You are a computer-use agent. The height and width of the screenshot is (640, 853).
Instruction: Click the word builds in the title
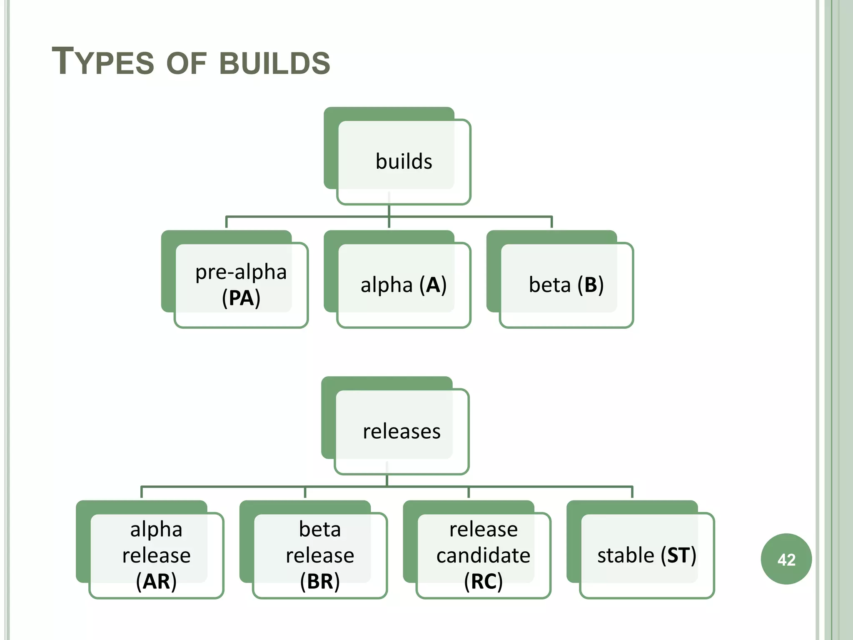tap(274, 63)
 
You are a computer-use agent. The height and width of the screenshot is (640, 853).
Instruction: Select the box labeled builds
tap(403, 162)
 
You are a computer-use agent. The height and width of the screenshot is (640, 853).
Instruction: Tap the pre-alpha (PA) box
tap(241, 285)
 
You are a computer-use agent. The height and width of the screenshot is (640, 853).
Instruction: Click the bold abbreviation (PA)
tap(241, 298)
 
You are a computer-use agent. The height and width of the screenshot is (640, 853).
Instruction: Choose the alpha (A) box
tap(403, 285)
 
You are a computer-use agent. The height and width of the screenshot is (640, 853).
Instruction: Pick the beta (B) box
tap(566, 285)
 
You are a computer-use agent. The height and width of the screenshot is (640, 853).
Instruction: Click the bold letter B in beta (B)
tap(591, 285)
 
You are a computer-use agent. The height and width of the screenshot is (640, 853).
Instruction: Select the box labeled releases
tap(401, 431)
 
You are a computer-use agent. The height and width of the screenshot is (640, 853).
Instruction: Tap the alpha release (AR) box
tap(156, 555)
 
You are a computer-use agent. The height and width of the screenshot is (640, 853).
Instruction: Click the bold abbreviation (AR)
tap(156, 581)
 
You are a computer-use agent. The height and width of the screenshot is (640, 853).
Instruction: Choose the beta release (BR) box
tap(319, 555)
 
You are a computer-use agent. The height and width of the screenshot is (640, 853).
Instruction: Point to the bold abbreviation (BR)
tap(319, 581)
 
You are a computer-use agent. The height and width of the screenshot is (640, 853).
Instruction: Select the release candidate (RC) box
tap(483, 555)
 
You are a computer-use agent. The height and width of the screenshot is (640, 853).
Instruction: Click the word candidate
tap(483, 555)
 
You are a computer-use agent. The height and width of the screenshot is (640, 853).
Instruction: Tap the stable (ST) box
tap(646, 555)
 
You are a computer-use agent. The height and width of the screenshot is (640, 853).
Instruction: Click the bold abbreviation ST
tap(678, 555)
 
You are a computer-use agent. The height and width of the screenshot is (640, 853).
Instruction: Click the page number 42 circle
tap(786, 559)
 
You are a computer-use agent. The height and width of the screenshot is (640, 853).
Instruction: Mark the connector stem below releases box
tap(387, 481)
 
